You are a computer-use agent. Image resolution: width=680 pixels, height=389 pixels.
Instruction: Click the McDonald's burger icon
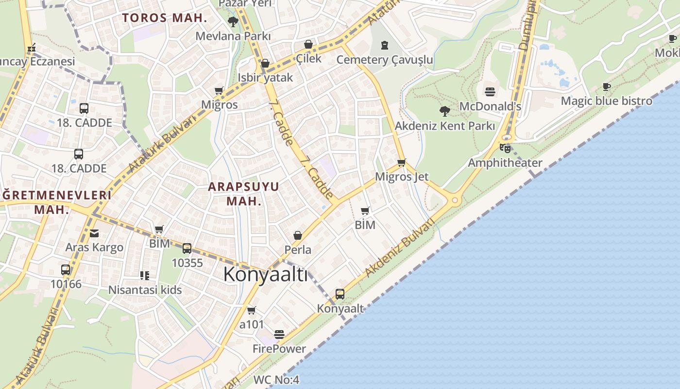point(490,91)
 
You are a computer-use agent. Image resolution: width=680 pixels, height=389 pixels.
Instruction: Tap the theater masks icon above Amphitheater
point(505,148)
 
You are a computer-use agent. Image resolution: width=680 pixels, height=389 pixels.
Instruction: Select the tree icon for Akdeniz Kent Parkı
point(444,111)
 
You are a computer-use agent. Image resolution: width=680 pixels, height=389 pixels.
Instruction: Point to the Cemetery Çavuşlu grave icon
point(385,45)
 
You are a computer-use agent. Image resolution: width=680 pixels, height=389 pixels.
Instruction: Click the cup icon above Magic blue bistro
point(607,87)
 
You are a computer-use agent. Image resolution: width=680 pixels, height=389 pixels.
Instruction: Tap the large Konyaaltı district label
point(265,275)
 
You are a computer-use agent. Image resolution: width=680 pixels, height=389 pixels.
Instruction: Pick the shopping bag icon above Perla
point(298,236)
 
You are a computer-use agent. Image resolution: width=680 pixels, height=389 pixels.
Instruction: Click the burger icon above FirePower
point(279,335)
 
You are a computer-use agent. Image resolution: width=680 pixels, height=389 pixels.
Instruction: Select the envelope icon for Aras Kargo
point(94,233)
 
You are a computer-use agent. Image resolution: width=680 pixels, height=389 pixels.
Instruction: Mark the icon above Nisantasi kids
point(144,276)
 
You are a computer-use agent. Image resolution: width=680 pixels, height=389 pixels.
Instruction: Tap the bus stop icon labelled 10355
point(187,248)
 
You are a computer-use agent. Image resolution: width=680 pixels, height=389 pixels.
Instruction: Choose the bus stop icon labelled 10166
point(66,269)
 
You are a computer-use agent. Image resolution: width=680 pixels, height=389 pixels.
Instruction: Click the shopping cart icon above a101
point(251,310)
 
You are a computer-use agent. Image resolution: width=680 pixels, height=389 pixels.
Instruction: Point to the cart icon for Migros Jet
point(401,162)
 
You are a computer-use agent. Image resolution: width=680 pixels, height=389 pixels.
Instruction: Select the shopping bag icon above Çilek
point(308,45)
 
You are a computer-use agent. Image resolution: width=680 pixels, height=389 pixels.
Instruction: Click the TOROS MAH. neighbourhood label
point(165,18)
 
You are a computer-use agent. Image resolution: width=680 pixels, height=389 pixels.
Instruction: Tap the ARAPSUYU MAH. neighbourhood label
point(244,194)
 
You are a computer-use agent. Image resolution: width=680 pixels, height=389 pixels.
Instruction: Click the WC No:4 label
point(276,380)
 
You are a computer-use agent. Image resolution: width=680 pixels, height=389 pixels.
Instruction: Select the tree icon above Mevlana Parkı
point(233,21)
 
